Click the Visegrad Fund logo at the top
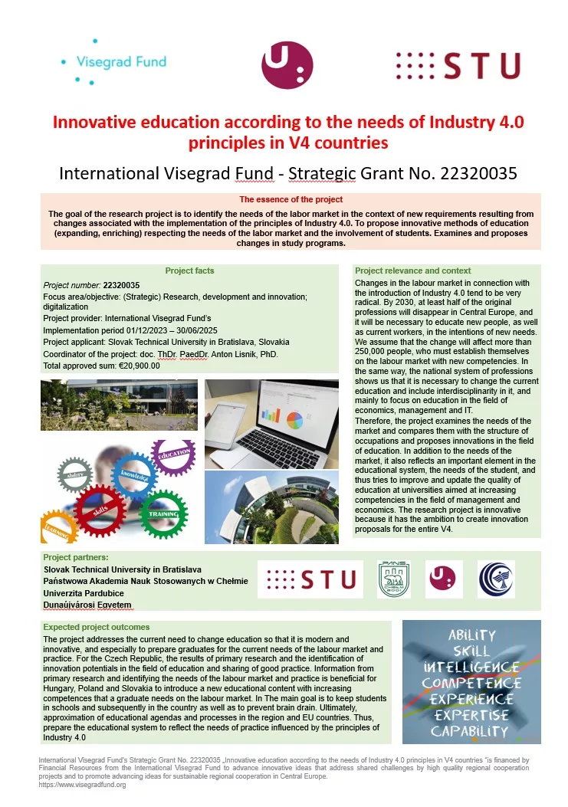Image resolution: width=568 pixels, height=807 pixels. [115, 61]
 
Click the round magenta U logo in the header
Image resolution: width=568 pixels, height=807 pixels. [287, 65]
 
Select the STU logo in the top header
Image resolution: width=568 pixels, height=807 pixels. [458, 66]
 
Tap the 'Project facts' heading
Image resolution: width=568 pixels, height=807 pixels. [189, 271]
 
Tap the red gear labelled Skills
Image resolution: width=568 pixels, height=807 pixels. [100, 509]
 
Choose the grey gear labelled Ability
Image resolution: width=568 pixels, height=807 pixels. [75, 475]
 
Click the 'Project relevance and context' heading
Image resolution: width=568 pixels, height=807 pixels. [413, 271]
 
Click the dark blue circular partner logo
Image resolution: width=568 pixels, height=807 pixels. [496, 579]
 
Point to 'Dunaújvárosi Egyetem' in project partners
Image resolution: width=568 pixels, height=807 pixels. [87, 605]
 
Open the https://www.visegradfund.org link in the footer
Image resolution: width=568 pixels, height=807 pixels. [82, 785]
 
